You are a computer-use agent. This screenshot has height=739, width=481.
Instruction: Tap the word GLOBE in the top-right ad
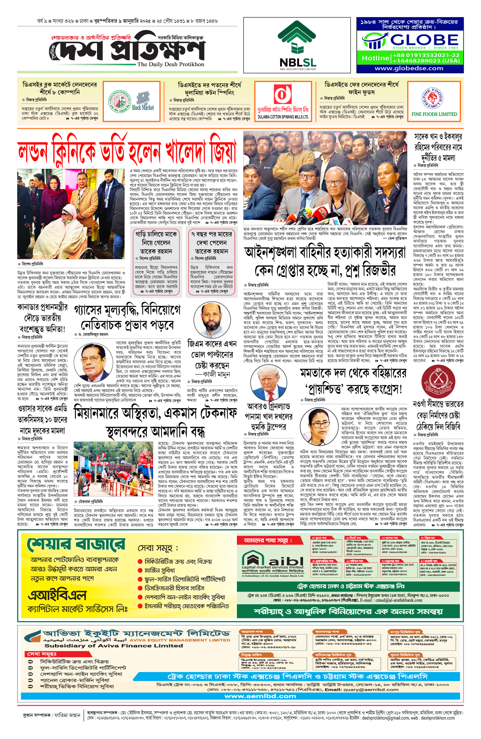[424, 40]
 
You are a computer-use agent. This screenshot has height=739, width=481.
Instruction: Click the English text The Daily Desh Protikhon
[170, 64]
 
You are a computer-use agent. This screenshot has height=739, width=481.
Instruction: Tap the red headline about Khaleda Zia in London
[127, 152]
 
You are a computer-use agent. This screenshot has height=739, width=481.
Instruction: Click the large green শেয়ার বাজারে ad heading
[76, 546]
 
